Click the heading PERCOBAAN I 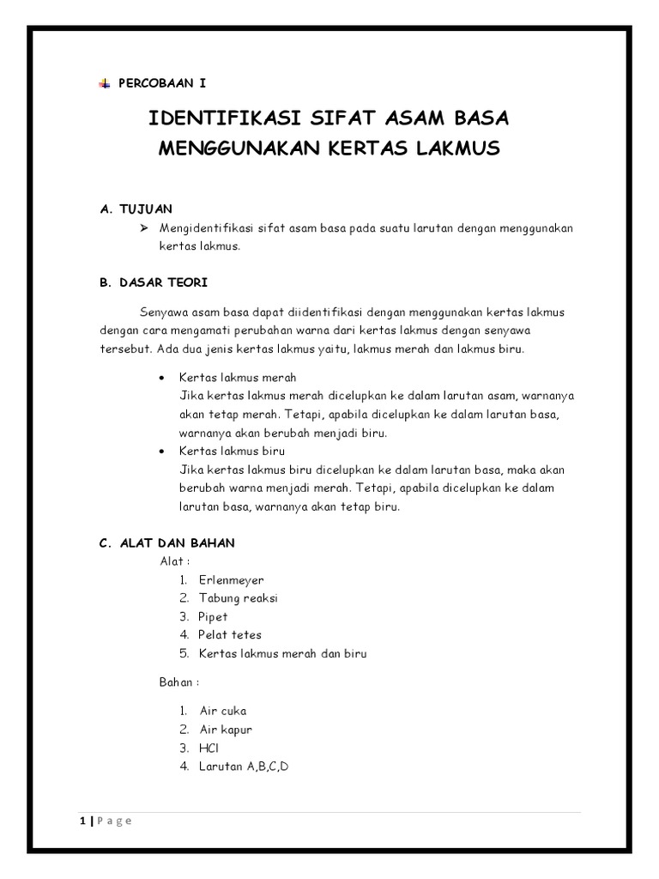(161, 83)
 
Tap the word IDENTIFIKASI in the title (212, 117)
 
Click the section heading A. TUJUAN (136, 209)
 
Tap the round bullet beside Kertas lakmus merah (162, 378)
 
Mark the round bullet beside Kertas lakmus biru (162, 452)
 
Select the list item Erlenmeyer (231, 580)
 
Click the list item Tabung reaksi (238, 598)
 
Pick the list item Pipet (213, 616)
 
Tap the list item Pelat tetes (229, 635)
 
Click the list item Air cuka (222, 711)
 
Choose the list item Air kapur (225, 730)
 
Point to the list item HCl (209, 748)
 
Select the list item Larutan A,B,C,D (244, 767)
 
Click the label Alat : (175, 561)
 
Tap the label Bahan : (179, 682)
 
